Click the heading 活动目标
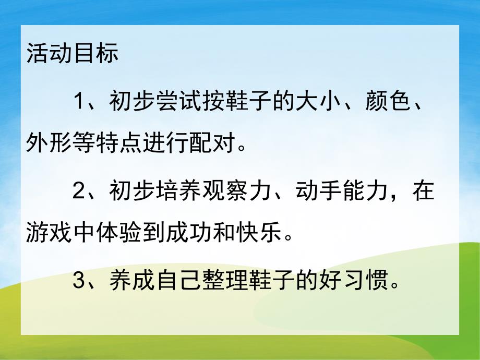point(72,55)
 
